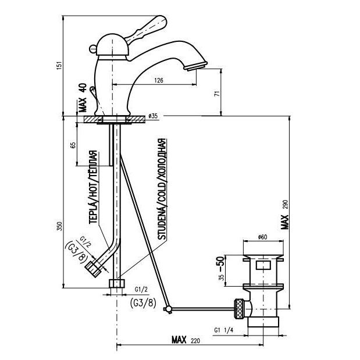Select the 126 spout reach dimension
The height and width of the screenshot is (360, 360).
(x=159, y=81)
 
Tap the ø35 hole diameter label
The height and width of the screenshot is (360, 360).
(x=154, y=117)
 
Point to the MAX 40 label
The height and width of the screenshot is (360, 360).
(x=82, y=98)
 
